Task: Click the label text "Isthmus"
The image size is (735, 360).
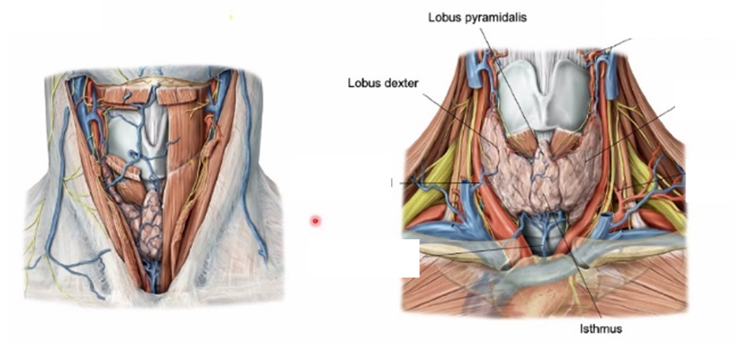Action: pos(601,329)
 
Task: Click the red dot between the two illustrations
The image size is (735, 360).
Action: pos(316,220)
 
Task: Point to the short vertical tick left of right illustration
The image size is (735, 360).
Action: pos(392,183)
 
